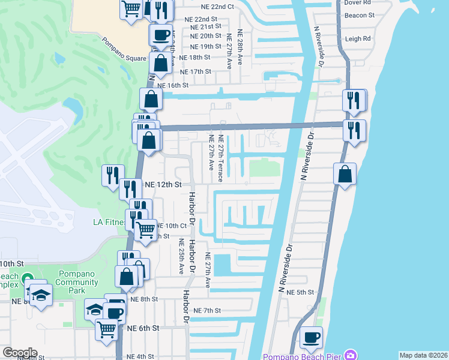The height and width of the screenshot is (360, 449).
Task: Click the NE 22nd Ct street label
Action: tap(214, 7)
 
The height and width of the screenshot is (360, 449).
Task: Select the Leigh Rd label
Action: tap(359, 38)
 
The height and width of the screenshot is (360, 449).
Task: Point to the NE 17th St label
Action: tap(196, 71)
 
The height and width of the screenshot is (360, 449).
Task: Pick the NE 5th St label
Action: tap(300, 292)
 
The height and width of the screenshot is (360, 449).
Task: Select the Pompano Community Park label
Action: tap(78, 282)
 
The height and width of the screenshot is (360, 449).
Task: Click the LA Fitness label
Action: tap(109, 222)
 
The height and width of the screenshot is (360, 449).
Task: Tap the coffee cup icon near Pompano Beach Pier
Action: tap(311, 337)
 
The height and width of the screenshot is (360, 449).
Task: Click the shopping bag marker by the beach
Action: tap(345, 175)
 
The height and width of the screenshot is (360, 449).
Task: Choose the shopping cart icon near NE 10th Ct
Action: tap(145, 229)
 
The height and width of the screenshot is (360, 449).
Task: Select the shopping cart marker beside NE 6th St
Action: tap(106, 329)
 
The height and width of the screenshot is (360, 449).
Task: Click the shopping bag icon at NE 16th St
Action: tap(151, 99)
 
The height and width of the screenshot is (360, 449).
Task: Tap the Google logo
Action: tap(20, 353)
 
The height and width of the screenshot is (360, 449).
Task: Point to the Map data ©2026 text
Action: tap(423, 355)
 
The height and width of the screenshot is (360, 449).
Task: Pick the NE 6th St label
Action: tap(142, 328)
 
